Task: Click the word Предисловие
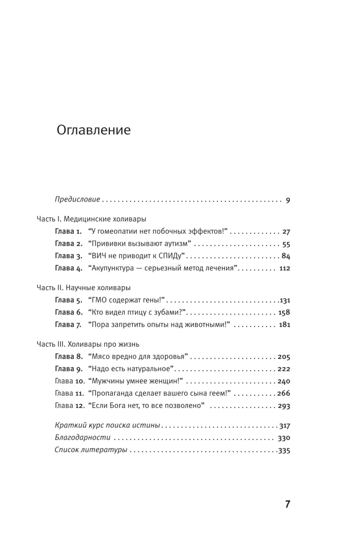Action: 77,200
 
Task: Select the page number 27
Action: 286,232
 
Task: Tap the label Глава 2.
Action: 68,244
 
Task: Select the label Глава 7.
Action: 68,325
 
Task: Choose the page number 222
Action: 284,369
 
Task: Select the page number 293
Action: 284,406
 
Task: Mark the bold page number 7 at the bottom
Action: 287,504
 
